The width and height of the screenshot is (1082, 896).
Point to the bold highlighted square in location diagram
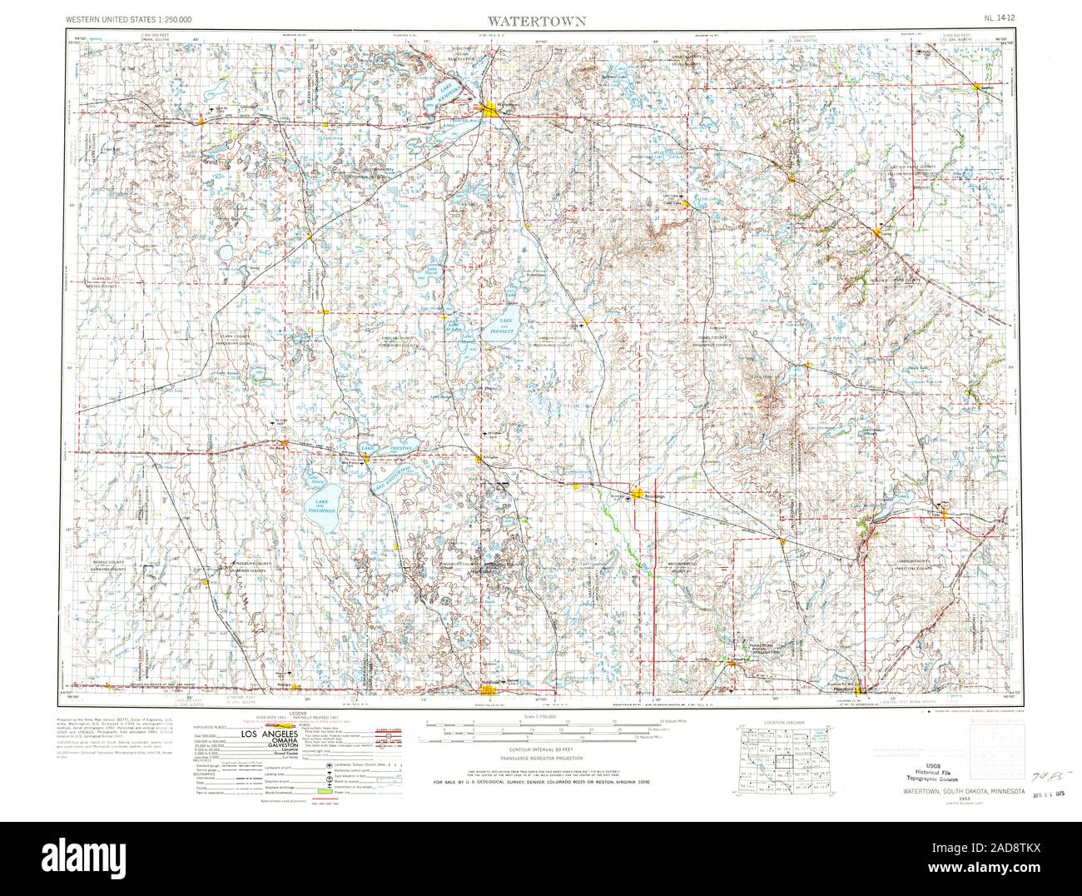pyautogui.click(x=779, y=760)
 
